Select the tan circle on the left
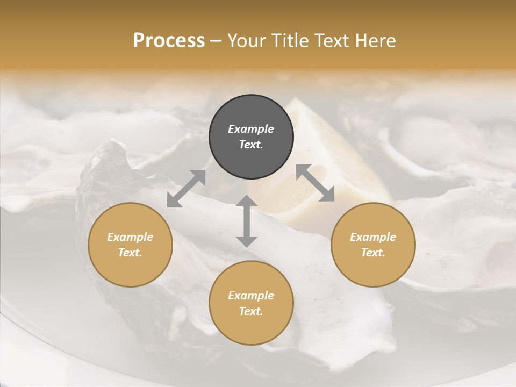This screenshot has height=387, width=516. click(130, 245)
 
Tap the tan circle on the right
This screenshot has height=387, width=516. click(373, 245)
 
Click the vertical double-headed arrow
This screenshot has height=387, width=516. click(247, 221)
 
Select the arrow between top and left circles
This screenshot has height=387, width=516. click(186, 189)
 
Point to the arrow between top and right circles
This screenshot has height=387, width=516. click(316, 183)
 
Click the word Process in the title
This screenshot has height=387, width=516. click(169, 41)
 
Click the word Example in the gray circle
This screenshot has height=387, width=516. click(251, 129)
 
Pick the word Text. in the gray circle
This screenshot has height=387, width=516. click(251, 145)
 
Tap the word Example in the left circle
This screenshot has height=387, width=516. click(130, 237)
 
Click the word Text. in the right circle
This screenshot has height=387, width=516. click(373, 253)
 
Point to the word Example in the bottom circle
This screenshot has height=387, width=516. click(251, 296)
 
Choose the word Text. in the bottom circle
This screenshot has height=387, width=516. click(251, 311)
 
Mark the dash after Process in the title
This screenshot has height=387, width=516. click(216, 41)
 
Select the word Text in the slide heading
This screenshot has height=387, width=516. click(328, 41)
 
